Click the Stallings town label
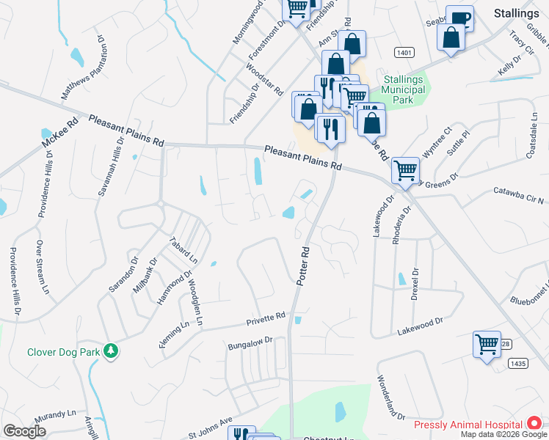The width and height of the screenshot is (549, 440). point(516,13)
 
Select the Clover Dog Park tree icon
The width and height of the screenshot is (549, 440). point(111,351)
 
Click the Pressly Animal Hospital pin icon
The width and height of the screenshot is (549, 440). point(534,425)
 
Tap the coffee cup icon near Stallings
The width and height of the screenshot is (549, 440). point(459,19)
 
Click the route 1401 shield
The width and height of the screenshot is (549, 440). point(403,52)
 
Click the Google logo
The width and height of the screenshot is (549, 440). point(24,431)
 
